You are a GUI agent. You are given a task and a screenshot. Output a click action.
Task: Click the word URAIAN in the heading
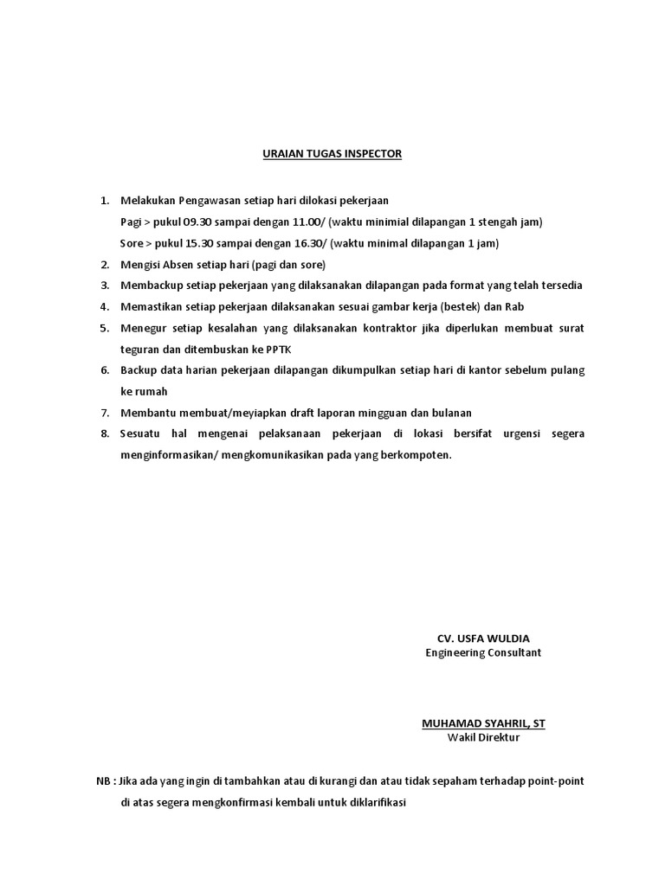(x=260, y=154)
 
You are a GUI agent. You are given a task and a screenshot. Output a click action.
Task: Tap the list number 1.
(x=105, y=201)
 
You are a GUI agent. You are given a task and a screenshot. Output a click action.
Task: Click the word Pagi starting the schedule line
(x=131, y=221)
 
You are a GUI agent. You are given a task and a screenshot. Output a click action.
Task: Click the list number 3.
(x=105, y=286)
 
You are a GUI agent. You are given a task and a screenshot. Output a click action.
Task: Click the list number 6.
(x=105, y=370)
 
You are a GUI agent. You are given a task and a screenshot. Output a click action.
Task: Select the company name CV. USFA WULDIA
(x=483, y=638)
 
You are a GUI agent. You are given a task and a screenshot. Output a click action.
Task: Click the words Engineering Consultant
(x=483, y=652)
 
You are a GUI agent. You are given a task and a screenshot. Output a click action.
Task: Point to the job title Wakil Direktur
(x=483, y=737)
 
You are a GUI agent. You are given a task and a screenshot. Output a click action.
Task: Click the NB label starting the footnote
(x=104, y=780)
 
